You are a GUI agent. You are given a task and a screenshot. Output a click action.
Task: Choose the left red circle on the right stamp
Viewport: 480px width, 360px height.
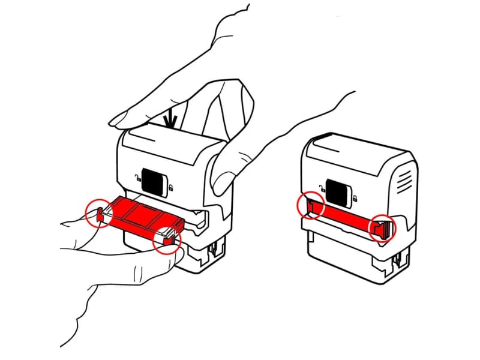pos(311,205)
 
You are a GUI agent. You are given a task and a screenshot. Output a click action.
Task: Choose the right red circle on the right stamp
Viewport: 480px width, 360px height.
pos(382,229)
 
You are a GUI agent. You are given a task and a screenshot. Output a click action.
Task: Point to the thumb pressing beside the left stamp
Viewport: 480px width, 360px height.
pos(225,174)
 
